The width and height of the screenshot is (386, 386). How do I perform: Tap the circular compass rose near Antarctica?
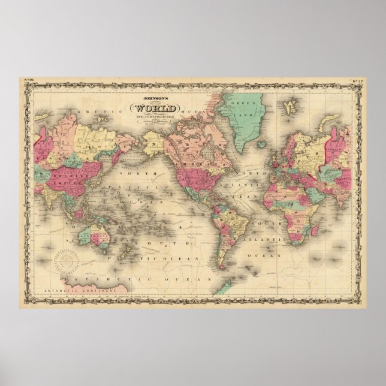click(x=68, y=263)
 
